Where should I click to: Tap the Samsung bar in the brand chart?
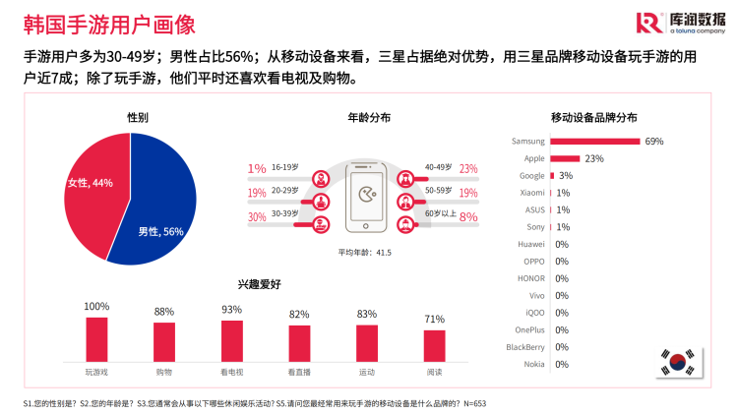pos(595,141)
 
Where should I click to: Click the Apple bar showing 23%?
pos(565,158)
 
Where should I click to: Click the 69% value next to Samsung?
pos(654,141)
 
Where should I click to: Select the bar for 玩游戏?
pos(96,338)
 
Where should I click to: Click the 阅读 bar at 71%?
pos(434,345)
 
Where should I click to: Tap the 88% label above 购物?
pos(164,312)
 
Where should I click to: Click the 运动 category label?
pos(367,373)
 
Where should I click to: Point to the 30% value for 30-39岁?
pos(257,217)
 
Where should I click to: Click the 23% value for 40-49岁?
pos(468,168)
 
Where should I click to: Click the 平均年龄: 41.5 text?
pos(365,253)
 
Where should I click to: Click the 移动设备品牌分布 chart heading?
pos(600,117)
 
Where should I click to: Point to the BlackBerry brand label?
pos(524,346)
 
